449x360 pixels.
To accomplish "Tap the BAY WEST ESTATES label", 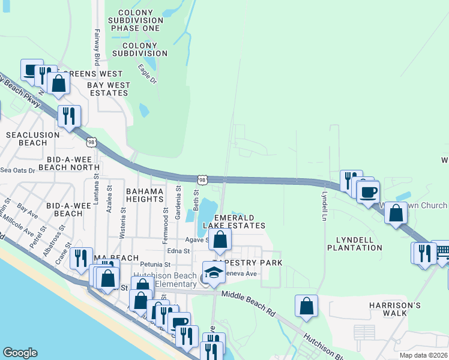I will pyautogui.click(x=108, y=89).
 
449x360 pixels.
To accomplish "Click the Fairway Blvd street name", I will pyautogui.click(x=97, y=49).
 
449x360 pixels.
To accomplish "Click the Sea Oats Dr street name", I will pyautogui.click(x=18, y=170).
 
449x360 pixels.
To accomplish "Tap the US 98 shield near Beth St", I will pyautogui.click(x=203, y=179).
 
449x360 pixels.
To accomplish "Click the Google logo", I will pyautogui.click(x=20, y=353).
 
